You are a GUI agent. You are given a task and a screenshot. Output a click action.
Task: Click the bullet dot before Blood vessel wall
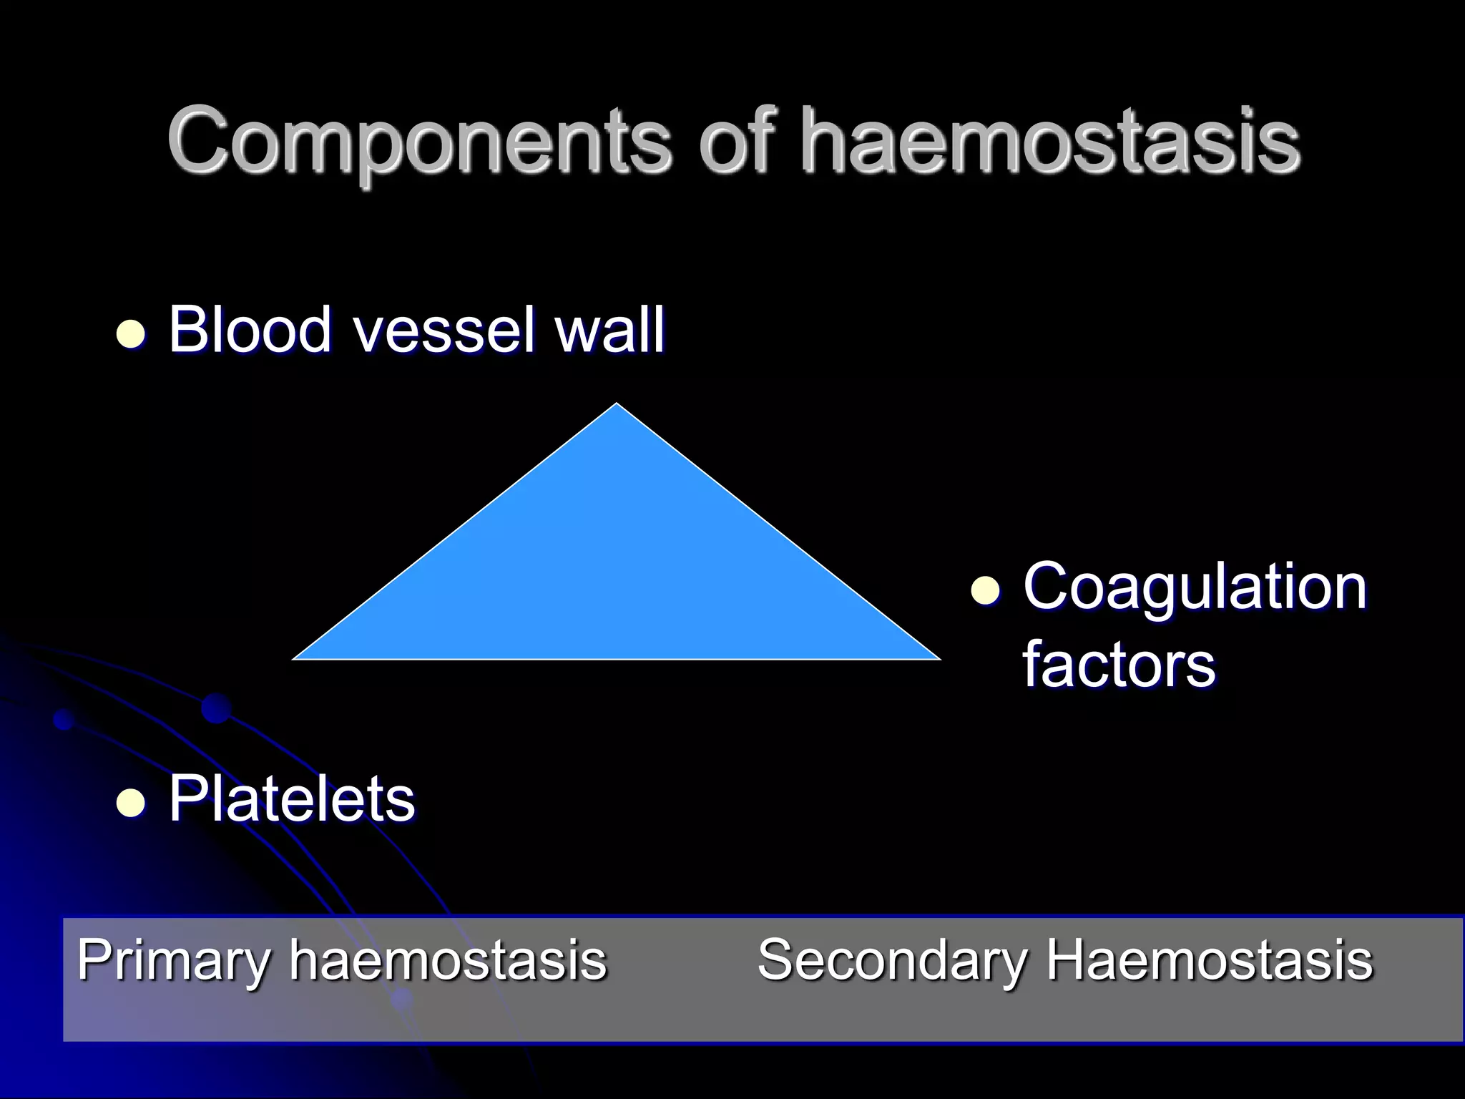click(130, 333)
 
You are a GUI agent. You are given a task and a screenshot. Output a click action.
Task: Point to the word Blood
click(250, 330)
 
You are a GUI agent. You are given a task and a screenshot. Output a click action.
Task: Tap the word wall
click(611, 330)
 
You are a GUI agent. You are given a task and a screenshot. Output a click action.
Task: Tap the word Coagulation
click(1194, 587)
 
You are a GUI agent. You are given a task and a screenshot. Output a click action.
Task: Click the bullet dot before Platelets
click(130, 802)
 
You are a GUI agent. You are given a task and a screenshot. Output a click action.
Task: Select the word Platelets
click(291, 799)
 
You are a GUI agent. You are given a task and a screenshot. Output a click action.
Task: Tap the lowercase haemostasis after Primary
click(448, 959)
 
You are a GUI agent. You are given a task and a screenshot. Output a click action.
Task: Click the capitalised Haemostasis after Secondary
click(1210, 959)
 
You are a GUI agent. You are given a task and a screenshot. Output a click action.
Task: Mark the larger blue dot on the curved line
click(216, 708)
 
